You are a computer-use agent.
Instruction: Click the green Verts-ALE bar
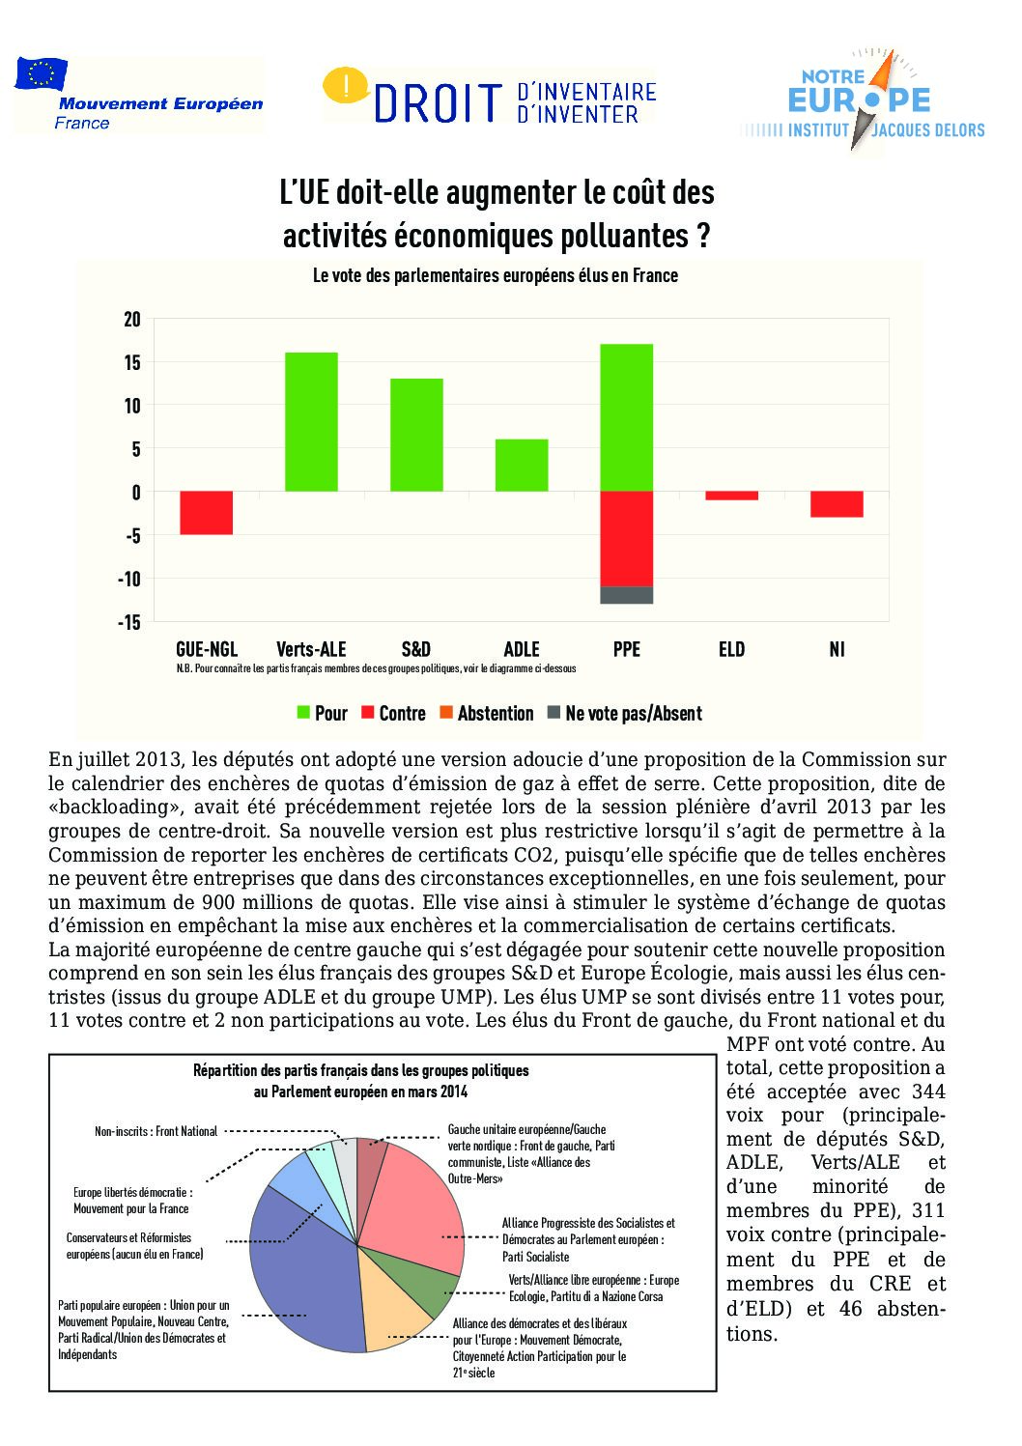coord(311,422)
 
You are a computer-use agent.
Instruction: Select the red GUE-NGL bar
coord(206,513)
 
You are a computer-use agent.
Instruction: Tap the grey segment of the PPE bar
coord(627,595)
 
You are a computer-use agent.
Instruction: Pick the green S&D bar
coord(416,435)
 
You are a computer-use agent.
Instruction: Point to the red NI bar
coord(837,504)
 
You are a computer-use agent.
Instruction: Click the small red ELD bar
coord(731,496)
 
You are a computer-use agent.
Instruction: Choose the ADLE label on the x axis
coord(522,649)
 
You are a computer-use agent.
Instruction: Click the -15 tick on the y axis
coord(129,622)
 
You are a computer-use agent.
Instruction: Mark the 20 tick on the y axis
coord(132,320)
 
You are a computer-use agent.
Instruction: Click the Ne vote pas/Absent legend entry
coord(624,714)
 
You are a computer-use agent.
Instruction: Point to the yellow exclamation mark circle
coord(344,86)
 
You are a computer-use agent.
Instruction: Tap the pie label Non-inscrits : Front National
coord(156,1131)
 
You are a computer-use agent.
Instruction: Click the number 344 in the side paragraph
coord(928,1092)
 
